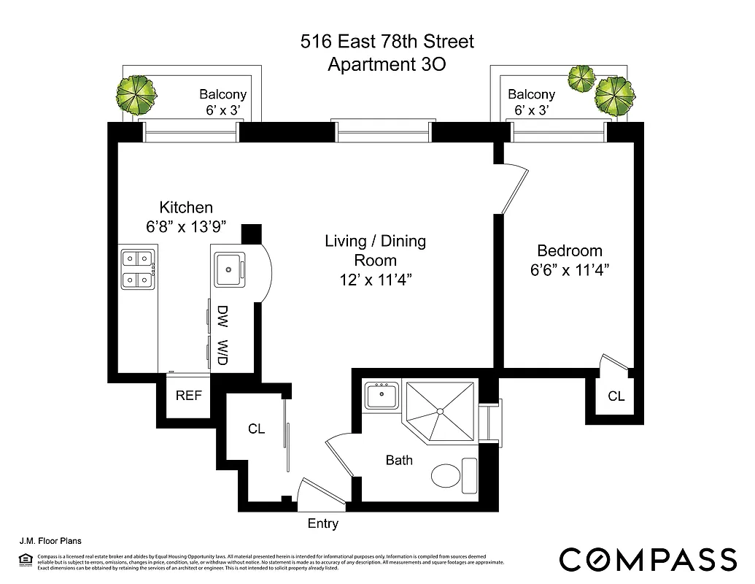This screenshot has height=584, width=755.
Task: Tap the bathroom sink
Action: click(x=381, y=396)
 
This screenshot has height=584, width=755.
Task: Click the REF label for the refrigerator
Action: click(x=189, y=396)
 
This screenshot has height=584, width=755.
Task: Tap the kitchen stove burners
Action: click(x=138, y=269)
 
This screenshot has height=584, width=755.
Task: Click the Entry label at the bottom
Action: click(x=323, y=523)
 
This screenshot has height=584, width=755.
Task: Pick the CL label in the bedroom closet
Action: click(x=616, y=396)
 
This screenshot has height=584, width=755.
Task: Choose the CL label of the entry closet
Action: click(x=256, y=429)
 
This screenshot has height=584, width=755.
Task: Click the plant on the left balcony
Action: click(x=136, y=95)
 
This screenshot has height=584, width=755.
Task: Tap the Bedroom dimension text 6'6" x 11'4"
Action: click(x=570, y=269)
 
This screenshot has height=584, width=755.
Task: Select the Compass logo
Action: click(x=648, y=558)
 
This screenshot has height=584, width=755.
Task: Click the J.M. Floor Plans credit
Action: click(x=50, y=542)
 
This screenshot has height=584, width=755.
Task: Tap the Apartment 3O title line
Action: click(x=387, y=64)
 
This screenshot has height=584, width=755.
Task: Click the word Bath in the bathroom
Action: click(x=399, y=460)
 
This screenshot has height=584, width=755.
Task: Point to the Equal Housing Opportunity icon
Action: click(x=27, y=560)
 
